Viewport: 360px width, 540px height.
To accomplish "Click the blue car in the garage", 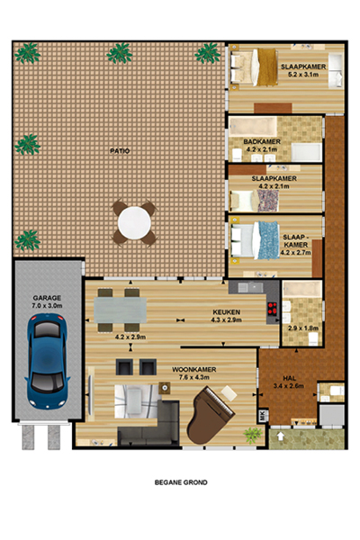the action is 47,361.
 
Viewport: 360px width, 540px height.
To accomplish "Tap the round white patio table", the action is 134,223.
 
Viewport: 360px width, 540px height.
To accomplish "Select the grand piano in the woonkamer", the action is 210,415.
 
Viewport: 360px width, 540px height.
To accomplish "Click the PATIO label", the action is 120,151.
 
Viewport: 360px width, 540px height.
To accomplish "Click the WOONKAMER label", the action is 194,370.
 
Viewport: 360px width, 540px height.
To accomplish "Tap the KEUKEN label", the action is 226,312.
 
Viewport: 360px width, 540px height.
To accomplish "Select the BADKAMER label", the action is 262,141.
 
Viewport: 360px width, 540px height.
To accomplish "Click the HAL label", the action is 290,378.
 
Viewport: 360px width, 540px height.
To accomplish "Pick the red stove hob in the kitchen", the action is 273,308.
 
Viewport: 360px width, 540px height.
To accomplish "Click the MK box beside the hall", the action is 263,416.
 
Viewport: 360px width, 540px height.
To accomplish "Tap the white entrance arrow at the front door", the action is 281,436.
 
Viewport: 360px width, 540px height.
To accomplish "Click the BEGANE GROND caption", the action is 181,482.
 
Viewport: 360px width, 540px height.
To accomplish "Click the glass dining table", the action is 121,310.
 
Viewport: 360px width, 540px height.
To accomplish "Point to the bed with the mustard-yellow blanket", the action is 254,67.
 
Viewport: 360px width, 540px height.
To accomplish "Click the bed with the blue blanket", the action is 255,240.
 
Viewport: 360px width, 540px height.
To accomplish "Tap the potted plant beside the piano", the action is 253,436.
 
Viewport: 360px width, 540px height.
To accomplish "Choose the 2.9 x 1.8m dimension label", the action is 303,328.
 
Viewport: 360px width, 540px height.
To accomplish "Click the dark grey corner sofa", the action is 149,423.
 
